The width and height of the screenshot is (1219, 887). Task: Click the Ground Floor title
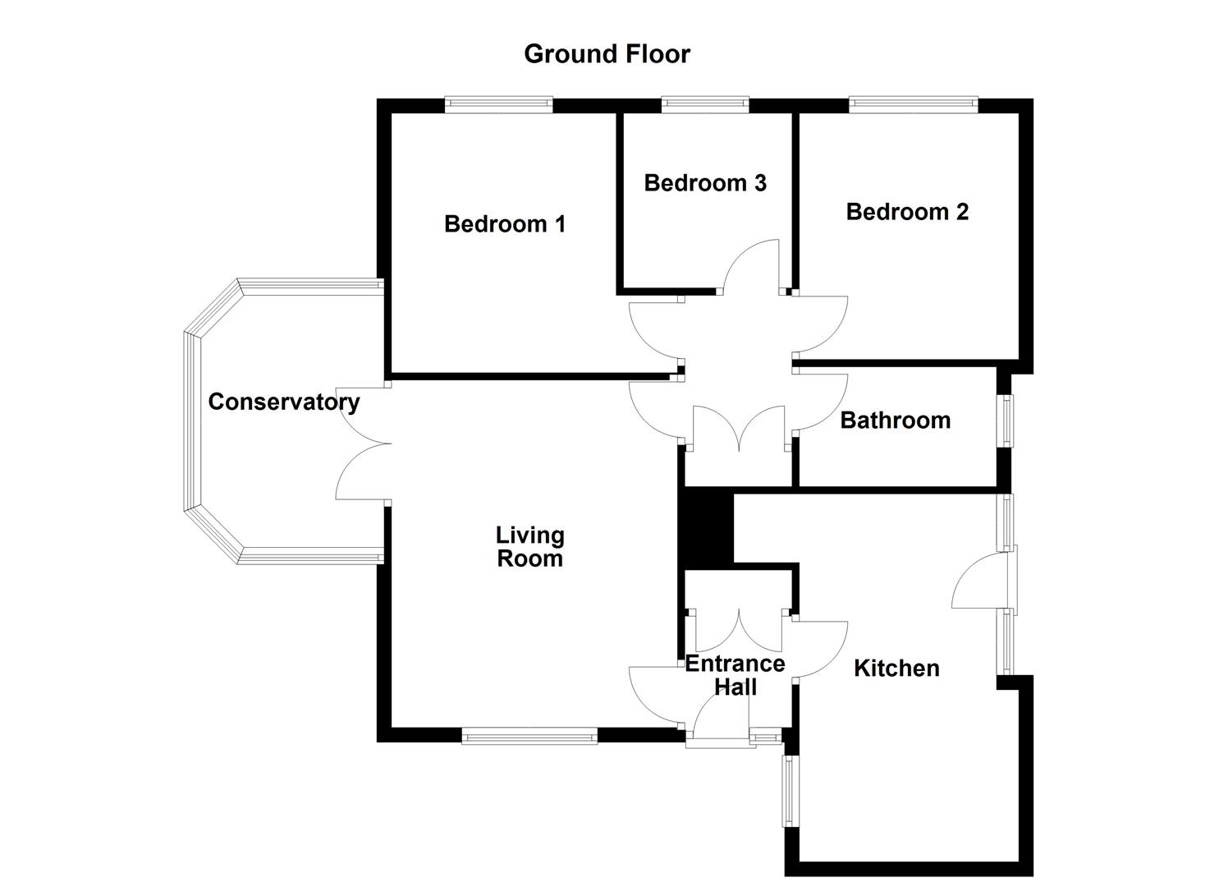click(x=607, y=54)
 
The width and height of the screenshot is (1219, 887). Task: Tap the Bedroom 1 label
click(x=505, y=223)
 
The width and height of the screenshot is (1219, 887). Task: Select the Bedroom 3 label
click(x=705, y=182)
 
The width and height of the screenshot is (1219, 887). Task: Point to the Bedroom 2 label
click(x=907, y=212)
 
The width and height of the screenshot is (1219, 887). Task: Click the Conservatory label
click(x=283, y=402)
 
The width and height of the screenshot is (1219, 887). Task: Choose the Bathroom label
click(x=895, y=421)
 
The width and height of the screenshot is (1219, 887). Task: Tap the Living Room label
click(x=529, y=547)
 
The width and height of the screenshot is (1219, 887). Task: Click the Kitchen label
click(x=896, y=669)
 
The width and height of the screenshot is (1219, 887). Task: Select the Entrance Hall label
click(x=736, y=675)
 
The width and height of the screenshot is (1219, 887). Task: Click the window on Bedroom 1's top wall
click(x=498, y=104)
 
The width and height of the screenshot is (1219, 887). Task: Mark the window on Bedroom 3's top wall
click(x=705, y=104)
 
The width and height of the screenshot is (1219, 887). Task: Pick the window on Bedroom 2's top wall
click(x=913, y=104)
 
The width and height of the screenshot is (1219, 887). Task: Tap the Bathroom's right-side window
click(x=1006, y=421)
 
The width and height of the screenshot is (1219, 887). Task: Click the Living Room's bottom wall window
click(x=529, y=736)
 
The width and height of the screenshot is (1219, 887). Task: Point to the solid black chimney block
click(x=708, y=526)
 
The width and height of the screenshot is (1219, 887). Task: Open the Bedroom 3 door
click(x=750, y=267)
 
